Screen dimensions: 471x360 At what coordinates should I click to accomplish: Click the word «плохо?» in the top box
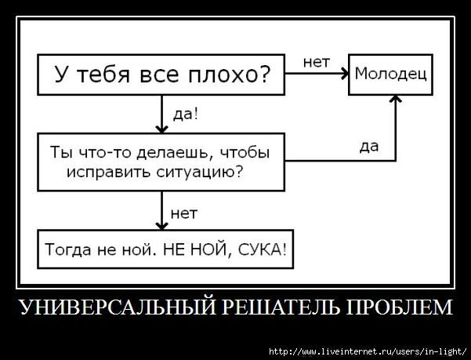click(230, 75)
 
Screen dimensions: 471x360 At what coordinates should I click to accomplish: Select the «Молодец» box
click(390, 75)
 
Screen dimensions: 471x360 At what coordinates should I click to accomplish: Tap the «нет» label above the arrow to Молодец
click(317, 62)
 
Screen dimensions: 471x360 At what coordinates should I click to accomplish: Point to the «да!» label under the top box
click(185, 115)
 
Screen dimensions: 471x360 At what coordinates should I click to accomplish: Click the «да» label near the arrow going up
click(369, 147)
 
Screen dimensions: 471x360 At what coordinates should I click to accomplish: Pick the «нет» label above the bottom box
click(184, 213)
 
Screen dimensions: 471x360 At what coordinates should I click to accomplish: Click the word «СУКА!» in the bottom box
click(263, 249)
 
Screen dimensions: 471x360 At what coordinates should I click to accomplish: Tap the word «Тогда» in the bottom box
click(67, 250)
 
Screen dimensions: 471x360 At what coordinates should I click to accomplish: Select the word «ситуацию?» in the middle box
click(199, 173)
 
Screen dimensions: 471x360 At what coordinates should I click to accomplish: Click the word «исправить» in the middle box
click(108, 173)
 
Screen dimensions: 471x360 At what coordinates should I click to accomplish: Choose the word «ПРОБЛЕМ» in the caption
click(399, 307)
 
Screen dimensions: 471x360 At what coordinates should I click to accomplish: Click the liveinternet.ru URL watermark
click(368, 351)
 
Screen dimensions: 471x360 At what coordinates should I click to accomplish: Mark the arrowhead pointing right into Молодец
click(345, 73)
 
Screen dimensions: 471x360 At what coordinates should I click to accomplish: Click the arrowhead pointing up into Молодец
click(395, 99)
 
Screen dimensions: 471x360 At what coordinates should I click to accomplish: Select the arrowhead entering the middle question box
click(161, 129)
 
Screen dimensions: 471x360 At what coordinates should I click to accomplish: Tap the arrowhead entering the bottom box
click(161, 226)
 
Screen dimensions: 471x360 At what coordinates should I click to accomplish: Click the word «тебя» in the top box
click(103, 74)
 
